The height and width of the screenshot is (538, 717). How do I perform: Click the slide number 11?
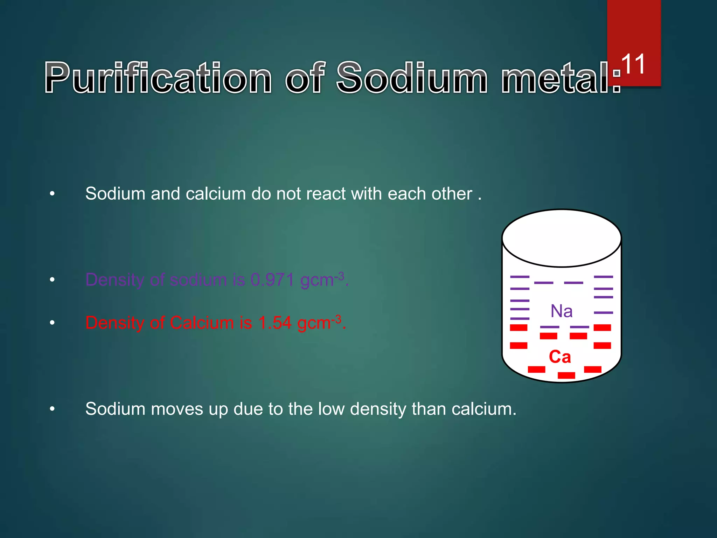[x=633, y=64]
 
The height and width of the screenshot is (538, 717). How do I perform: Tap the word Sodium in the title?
[x=412, y=78]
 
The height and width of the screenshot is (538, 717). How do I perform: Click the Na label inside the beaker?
[x=562, y=311]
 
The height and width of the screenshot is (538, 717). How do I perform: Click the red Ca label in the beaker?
[x=560, y=357]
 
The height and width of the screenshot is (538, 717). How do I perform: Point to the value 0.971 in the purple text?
[x=272, y=280]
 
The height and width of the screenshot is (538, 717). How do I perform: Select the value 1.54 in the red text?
[x=274, y=323]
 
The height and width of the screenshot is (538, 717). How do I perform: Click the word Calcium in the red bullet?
[x=202, y=323]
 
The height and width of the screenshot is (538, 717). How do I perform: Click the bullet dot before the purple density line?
[x=52, y=280]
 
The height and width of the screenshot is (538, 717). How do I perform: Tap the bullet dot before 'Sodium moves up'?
[x=52, y=409]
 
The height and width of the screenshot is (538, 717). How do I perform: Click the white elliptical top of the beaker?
[x=562, y=238]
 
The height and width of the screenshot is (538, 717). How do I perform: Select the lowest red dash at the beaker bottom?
[x=566, y=375]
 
